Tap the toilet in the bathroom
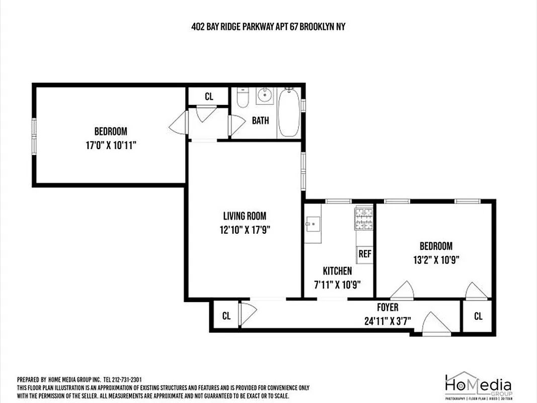click(x=243, y=98)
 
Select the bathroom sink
click(x=264, y=95)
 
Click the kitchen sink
click(x=312, y=223)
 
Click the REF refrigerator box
click(x=364, y=254)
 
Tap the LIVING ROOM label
click(x=245, y=216)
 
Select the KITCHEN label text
click(x=337, y=271)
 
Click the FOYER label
click(x=388, y=307)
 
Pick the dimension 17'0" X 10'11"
click(x=111, y=145)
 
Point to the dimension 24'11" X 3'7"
click(x=388, y=320)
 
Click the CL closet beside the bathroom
click(x=209, y=96)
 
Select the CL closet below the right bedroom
click(x=478, y=316)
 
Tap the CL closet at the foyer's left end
click(x=226, y=316)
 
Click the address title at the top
click(x=268, y=27)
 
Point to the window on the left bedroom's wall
click(x=34, y=135)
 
